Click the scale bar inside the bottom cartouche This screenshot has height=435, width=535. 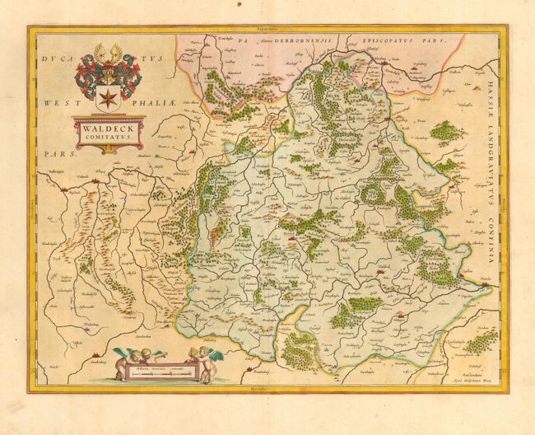click(x=161, y=372)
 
